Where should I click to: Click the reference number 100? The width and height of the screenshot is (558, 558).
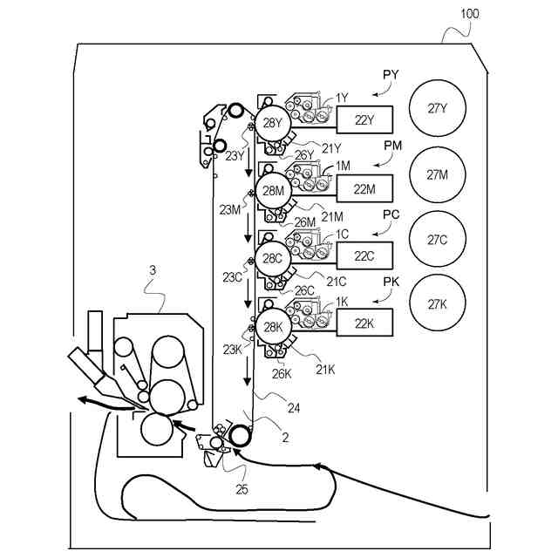470,14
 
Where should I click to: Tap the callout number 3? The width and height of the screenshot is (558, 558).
153,270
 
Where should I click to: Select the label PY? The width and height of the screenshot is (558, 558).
391,75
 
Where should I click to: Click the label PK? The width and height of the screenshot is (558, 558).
391,282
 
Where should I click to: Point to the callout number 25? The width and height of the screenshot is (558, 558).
242,490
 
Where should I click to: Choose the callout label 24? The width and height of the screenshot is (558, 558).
294,408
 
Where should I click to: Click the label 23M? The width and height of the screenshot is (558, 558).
230,210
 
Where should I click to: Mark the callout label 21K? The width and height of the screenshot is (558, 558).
325,370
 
